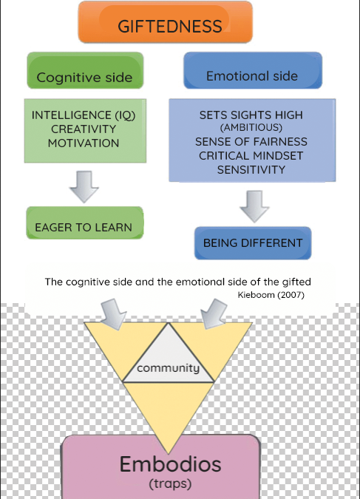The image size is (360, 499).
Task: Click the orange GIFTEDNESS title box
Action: point(165,22)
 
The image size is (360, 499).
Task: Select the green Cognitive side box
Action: point(85,70)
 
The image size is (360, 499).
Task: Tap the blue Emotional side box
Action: point(253,70)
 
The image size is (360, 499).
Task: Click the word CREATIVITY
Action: point(84,129)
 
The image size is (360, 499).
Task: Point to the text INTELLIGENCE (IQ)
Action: point(84,115)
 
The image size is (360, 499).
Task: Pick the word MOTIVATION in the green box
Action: point(84,143)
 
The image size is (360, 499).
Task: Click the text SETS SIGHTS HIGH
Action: point(251,115)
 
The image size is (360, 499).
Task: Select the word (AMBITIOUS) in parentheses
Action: point(251,128)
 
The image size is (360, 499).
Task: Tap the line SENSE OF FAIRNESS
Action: point(251,142)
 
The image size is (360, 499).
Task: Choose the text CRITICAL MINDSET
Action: point(251,156)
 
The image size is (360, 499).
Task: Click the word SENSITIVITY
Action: point(251,169)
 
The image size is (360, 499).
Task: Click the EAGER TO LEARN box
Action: point(85,223)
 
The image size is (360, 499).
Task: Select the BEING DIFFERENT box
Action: point(253,243)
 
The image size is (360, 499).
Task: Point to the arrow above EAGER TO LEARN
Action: point(84,187)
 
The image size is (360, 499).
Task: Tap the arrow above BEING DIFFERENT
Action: point(254,206)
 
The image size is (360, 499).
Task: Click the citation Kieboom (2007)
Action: point(271,295)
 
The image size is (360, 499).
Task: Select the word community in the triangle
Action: point(169,368)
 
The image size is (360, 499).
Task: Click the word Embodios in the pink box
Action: point(170,464)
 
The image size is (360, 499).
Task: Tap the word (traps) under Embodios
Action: point(170,484)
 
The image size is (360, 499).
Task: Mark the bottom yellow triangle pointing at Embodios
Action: point(169,410)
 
